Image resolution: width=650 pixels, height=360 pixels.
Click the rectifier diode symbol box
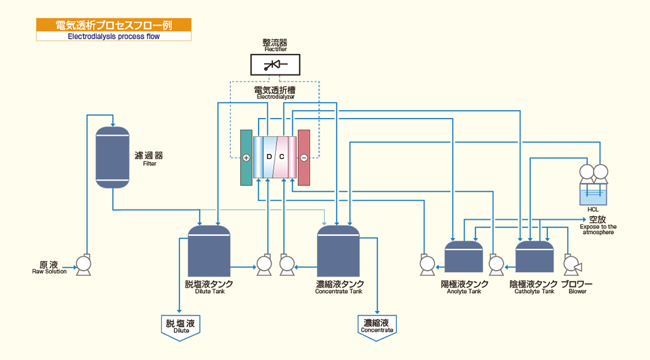[x=275, y=65]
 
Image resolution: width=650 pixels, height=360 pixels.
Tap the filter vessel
[x=113, y=157]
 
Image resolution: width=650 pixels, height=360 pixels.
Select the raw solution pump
[x=82, y=264]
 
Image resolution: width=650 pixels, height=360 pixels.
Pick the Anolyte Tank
[x=464, y=257]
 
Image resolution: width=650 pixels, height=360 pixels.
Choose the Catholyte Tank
[x=534, y=257]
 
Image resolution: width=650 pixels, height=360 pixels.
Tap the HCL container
[x=593, y=195]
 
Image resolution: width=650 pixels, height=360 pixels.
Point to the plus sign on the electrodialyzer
[x=246, y=158]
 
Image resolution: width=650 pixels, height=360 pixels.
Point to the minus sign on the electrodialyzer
[x=303, y=158]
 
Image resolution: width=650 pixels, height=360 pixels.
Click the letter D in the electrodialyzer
[x=268, y=157]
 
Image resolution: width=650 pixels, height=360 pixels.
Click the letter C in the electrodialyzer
[x=281, y=157]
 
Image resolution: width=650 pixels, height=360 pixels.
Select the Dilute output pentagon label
[x=181, y=326]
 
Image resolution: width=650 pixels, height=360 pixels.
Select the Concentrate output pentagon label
[x=377, y=326]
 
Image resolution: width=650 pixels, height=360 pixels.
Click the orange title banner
[x=114, y=25]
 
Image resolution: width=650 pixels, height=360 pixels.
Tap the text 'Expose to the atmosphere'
[x=598, y=229]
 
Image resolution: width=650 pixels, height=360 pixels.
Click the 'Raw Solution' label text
[x=49, y=271]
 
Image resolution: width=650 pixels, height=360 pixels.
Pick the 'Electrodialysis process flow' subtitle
[x=114, y=36]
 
